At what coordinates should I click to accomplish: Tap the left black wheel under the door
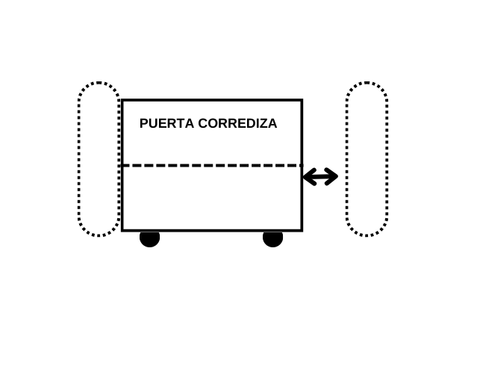coord(149,238)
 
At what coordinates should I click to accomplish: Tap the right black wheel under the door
coord(272,238)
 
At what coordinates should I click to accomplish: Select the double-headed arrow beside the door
coord(320,177)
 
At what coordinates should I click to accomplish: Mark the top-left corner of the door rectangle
coord(122,100)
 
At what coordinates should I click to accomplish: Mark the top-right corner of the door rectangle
coord(302,100)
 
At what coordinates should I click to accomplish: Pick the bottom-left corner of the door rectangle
coord(122,230)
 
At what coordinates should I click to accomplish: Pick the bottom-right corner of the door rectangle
coord(302,230)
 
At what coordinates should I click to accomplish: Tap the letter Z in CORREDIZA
coord(263,124)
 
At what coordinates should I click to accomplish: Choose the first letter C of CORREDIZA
coord(202,124)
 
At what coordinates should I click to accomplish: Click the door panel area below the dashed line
coord(211,198)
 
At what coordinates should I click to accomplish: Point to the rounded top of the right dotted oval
coord(367,84)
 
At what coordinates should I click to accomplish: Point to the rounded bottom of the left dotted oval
coord(99,235)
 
